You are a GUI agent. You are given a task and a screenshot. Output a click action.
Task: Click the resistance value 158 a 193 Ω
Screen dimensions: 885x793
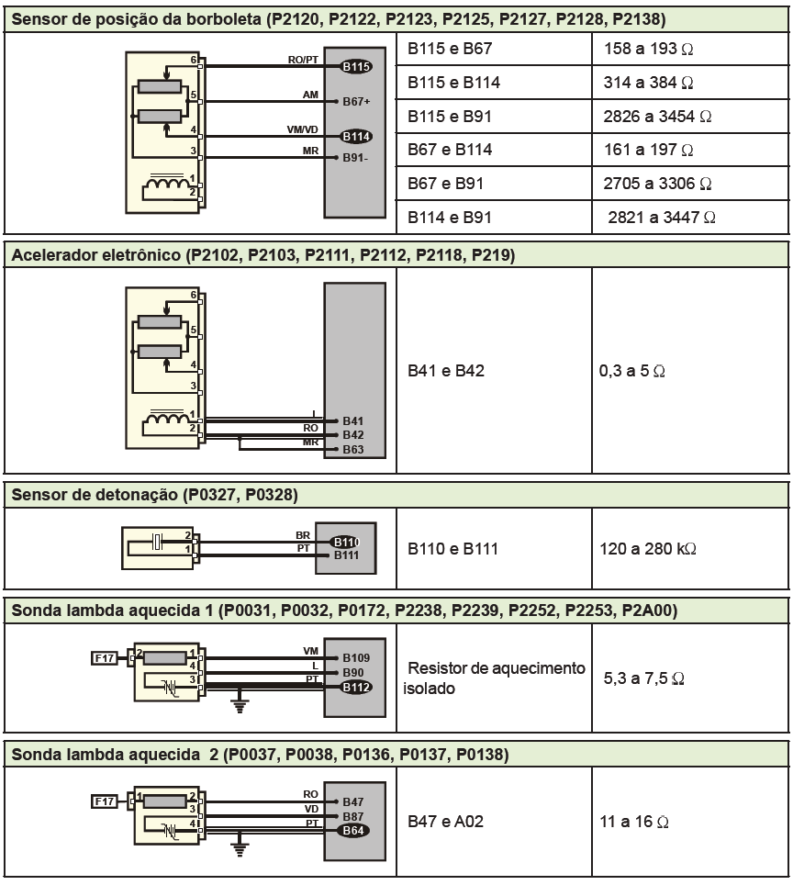pos(649,48)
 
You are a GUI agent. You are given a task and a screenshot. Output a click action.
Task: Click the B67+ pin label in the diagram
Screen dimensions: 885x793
pos(356,101)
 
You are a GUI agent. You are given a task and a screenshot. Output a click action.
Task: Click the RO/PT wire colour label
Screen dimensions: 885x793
pos(304,60)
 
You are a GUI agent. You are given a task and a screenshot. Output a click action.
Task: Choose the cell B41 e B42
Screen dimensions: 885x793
pos(446,373)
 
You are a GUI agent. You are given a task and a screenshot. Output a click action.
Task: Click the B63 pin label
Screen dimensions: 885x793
pos(353,450)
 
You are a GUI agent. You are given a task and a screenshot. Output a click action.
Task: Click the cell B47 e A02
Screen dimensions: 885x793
pos(445,822)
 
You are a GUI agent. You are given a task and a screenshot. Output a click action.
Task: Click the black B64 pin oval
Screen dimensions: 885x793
pos(353,830)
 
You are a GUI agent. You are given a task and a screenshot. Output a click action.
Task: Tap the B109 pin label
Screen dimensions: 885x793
pos(355,657)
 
